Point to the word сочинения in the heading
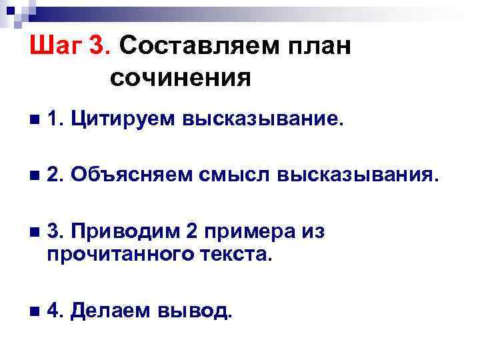(181, 79)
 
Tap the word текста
(237, 253)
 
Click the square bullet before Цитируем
(35, 121)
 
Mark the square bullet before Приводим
(35, 232)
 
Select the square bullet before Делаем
(35, 310)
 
